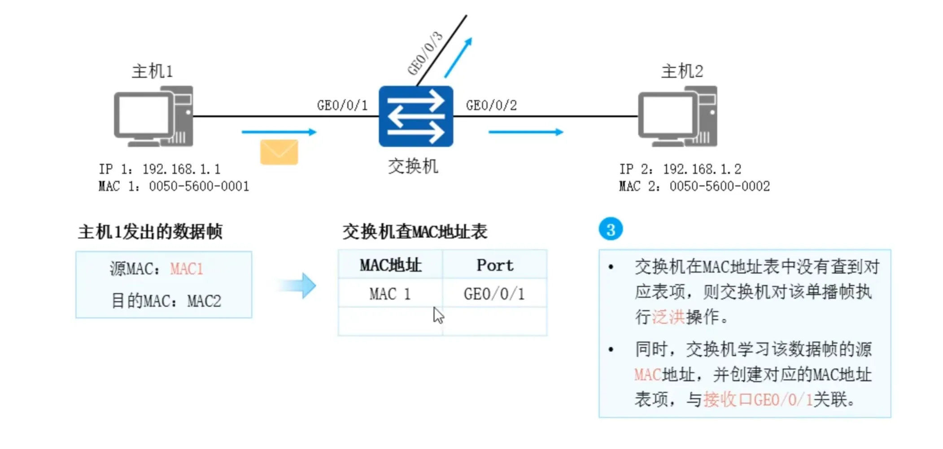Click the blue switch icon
tap(415, 116)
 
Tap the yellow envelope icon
tap(279, 152)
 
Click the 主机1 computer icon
tap(153, 117)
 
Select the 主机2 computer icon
tap(677, 117)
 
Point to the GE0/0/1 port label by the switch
tap(342, 105)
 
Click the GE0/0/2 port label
tap(491, 105)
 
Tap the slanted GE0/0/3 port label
tap(424, 53)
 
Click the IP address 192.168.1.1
tap(181, 169)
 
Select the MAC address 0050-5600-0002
tap(719, 186)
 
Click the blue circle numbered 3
tap(610, 229)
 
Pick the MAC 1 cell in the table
tap(390, 294)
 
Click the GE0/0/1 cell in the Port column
tap(494, 294)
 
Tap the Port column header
tap(494, 265)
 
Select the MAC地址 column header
tap(390, 265)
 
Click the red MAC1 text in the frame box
tap(187, 269)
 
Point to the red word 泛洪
tap(668, 317)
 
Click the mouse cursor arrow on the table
tap(438, 315)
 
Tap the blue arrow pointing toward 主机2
tap(525, 132)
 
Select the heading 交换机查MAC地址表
tap(415, 232)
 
